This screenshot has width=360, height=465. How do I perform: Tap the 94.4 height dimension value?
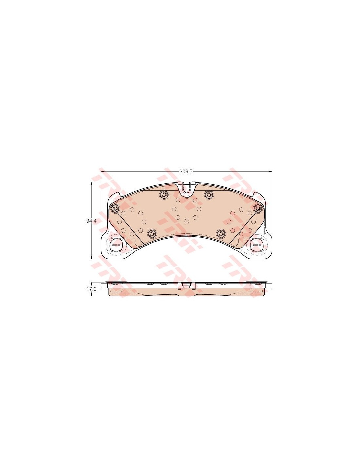coord(90,221)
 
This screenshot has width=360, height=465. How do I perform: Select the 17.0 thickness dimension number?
coord(91,289)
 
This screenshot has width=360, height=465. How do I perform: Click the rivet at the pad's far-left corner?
coord(115,208)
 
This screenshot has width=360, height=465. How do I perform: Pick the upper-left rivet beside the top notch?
coord(164,194)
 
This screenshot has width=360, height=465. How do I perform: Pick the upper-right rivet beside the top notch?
coord(209,194)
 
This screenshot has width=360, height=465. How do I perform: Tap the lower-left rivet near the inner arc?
coord(152,233)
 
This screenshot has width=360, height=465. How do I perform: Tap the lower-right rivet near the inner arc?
coord(221,233)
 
